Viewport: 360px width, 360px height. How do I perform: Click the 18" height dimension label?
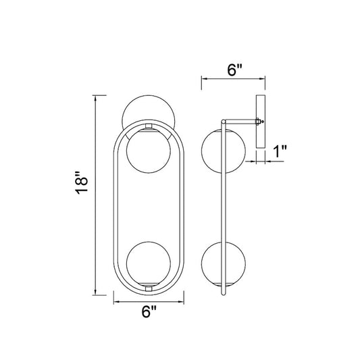click(82, 183)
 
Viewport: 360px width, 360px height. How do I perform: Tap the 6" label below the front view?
click(149, 311)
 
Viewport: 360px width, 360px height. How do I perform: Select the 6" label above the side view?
click(234, 70)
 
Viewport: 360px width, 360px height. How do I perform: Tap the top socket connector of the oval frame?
click(149, 126)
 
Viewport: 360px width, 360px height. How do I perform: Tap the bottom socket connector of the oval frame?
click(149, 288)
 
